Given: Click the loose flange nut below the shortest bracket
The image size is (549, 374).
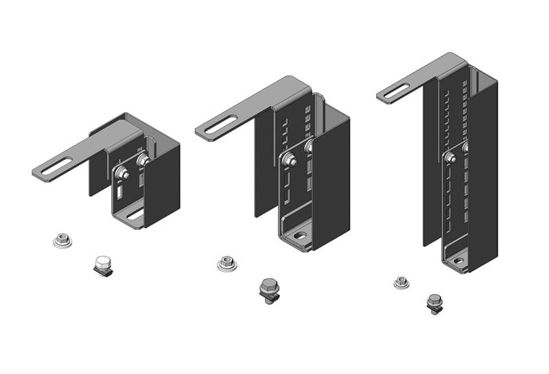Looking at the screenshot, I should [x=62, y=240].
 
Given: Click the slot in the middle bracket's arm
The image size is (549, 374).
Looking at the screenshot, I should [x=219, y=126].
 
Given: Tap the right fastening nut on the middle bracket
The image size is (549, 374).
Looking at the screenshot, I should [x=309, y=146].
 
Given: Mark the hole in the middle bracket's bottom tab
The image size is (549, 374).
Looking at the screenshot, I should [x=300, y=235].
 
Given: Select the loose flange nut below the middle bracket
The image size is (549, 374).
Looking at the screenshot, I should [x=226, y=263].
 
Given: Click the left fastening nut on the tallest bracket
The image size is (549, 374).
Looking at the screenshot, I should [x=451, y=158].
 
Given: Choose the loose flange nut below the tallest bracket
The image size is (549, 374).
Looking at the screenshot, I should [x=401, y=282].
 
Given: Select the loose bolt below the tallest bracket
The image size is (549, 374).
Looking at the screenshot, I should [x=434, y=302].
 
